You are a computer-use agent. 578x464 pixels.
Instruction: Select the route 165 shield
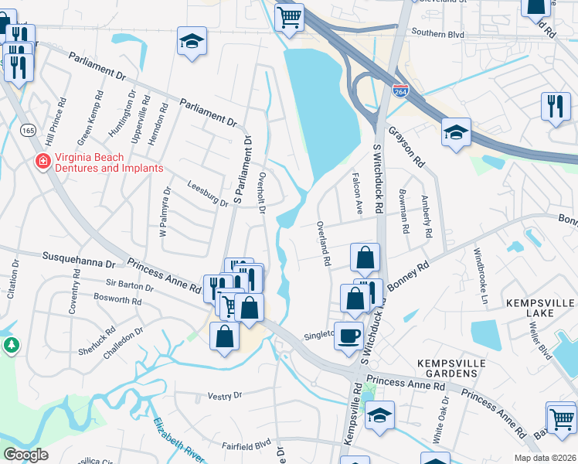(x=29, y=131)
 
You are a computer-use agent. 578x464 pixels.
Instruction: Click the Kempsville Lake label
(x=541, y=304)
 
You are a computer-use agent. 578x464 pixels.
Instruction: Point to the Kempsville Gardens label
(x=447, y=368)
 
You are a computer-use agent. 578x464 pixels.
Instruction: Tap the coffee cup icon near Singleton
(x=348, y=334)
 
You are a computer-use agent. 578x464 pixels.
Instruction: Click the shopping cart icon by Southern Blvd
(x=289, y=16)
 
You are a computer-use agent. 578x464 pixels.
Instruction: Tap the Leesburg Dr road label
(x=208, y=193)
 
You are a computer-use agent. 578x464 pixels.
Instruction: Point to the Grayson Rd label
(x=406, y=147)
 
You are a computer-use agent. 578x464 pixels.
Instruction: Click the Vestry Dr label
(x=225, y=395)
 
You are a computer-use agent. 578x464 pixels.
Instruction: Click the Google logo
(x=25, y=455)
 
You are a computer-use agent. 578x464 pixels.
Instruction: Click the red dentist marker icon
(x=42, y=162)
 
